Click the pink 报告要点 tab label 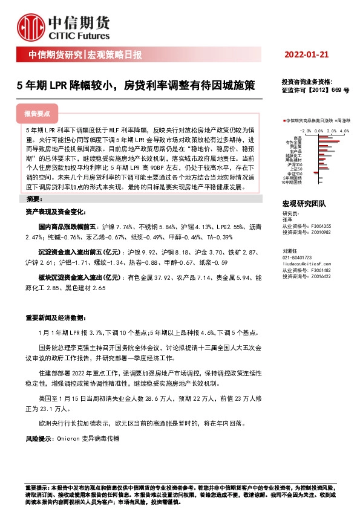click(x=37, y=114)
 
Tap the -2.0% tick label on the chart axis click(x=304, y=130)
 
